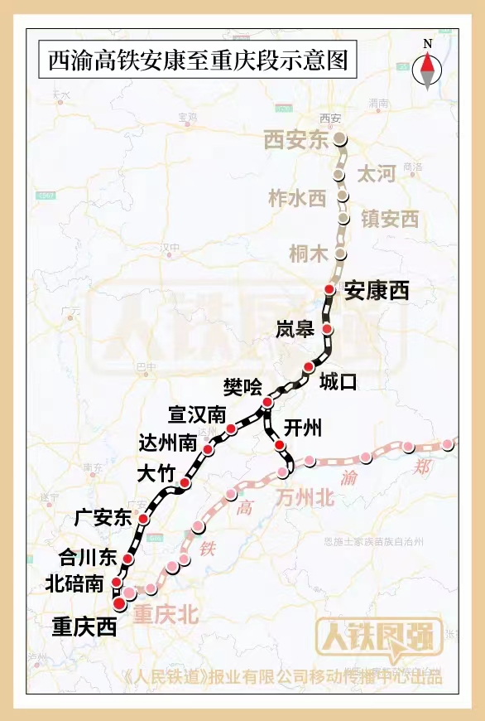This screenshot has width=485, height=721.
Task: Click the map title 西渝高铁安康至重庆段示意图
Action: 196,61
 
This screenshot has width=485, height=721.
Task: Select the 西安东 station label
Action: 296,140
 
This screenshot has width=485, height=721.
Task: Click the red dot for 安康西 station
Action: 329,289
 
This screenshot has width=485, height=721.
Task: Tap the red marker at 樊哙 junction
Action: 267,403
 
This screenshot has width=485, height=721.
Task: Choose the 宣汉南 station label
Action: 197,414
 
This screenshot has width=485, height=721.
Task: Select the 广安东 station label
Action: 103,519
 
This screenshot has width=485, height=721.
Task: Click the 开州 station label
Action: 302,428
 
